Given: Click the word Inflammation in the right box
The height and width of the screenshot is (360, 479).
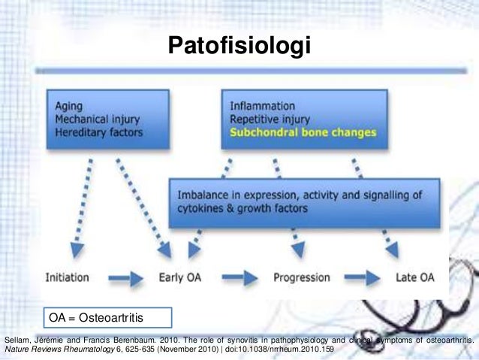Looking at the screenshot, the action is click(262, 106).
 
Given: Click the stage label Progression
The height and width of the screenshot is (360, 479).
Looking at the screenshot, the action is click(302, 277).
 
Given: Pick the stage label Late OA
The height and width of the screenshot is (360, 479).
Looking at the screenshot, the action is click(414, 277).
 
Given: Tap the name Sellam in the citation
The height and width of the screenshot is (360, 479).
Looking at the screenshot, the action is click(18, 339).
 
